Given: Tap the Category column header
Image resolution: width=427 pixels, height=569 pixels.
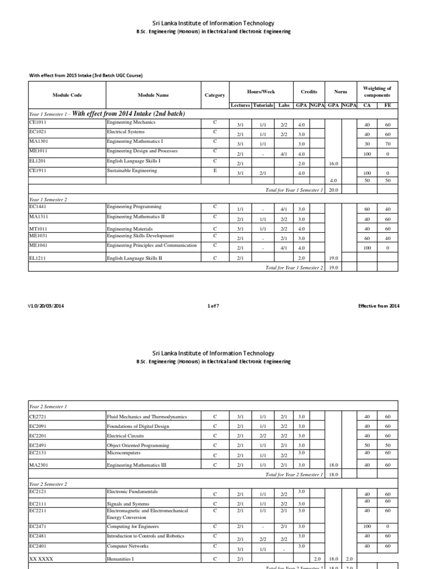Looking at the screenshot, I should tap(215, 95).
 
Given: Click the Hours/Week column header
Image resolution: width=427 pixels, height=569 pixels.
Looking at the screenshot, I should tap(261, 92).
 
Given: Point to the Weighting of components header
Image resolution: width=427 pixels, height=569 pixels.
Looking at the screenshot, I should tap(376, 92).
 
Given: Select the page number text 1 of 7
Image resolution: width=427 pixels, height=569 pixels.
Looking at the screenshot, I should tap(213, 306).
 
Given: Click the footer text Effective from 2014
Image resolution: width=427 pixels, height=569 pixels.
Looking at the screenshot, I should tap(379, 306).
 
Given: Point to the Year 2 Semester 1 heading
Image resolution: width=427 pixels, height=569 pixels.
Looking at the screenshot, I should tap(48, 406).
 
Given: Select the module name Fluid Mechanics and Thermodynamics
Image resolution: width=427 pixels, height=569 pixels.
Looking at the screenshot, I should tap(146, 416).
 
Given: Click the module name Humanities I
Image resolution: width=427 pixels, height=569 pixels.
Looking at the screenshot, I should tap(121, 559).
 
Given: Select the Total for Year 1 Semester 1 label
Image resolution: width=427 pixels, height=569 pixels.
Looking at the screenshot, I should tap(294, 190).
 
